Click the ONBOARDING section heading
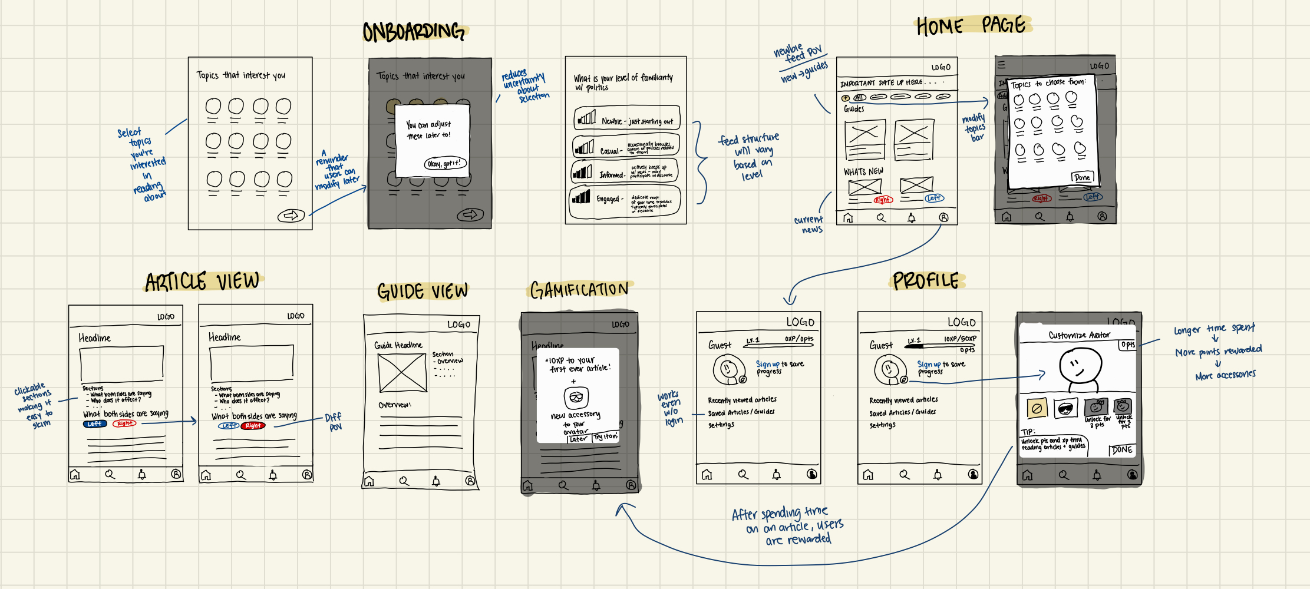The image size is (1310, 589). pos(414,32)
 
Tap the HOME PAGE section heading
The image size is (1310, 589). pos(971,26)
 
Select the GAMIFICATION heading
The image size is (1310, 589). pos(579,290)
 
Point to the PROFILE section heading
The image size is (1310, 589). pos(926,281)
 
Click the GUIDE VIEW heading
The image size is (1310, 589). pos(423,292)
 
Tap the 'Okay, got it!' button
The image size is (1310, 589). pos(445,164)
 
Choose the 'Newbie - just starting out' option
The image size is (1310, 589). pos(627,118)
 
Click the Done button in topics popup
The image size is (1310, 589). pos(1082,177)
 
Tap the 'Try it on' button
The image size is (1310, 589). pos(605,437)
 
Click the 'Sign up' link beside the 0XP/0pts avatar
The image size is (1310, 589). pos(767,365)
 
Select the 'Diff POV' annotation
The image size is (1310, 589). pos(334,422)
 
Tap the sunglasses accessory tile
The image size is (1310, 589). pos(1065,408)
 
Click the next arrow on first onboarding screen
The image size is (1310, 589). pos(291,216)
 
